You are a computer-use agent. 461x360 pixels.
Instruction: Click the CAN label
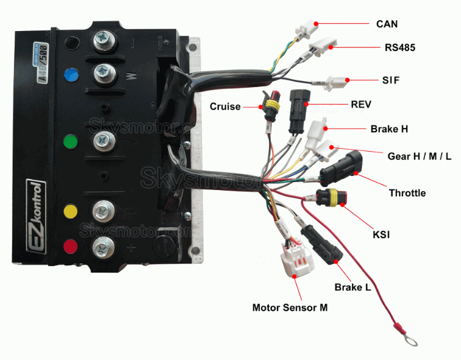coord(387,23)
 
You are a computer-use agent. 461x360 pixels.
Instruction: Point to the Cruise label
coord(225,107)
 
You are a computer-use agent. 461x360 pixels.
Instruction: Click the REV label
coord(361,104)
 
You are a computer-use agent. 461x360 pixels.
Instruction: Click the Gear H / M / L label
coord(420,156)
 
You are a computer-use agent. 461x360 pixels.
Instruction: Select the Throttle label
coord(407,193)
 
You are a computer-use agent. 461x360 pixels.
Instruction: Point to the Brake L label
coord(352,287)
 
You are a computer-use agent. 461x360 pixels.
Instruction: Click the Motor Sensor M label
coord(290,308)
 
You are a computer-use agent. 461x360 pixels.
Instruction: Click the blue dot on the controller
coord(72,75)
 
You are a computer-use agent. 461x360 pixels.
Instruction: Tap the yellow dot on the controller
coord(71,211)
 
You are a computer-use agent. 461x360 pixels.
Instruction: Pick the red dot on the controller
coord(71,247)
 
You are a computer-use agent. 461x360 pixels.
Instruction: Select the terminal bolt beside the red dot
coord(101,247)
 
